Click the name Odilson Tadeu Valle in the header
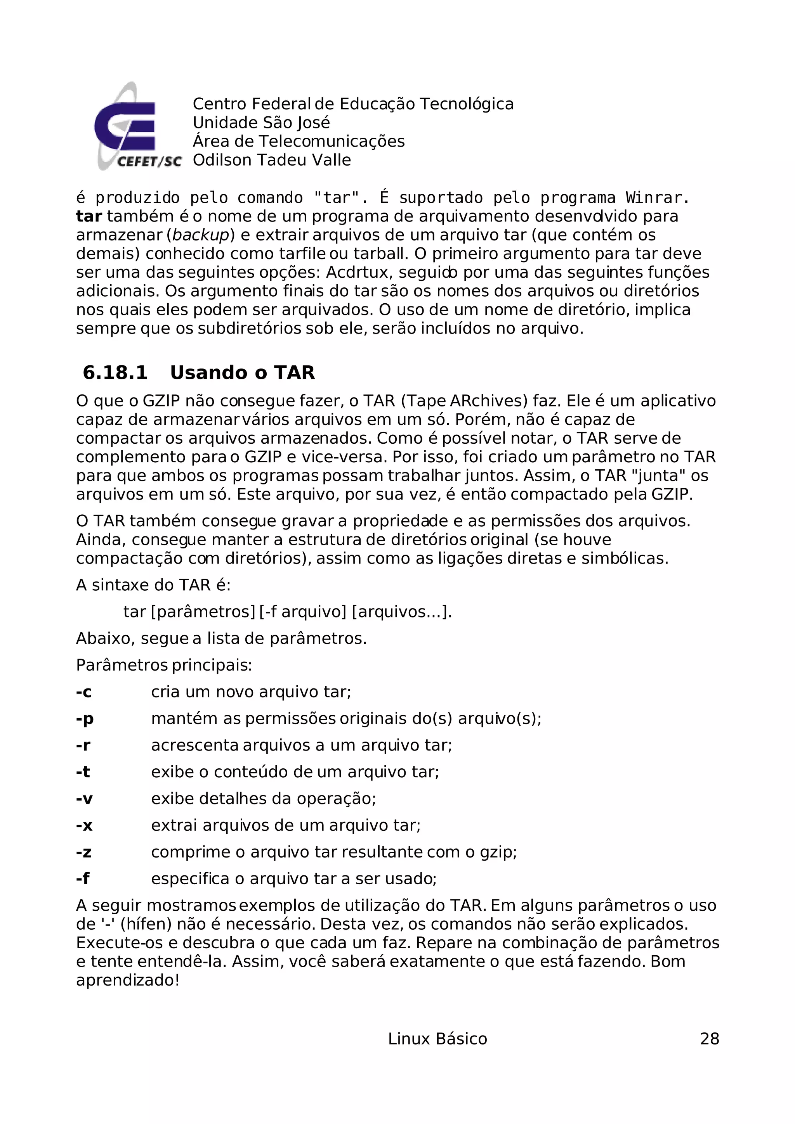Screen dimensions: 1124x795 coord(271,160)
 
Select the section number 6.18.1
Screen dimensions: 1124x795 coord(115,373)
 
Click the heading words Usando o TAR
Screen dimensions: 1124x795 coord(242,373)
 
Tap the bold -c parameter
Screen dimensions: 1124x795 coord(84,692)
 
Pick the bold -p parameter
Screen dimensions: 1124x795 coord(84,719)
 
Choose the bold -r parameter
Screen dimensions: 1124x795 coord(83,745)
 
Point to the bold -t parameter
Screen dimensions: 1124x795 coord(83,772)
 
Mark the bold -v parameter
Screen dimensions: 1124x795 coord(84,799)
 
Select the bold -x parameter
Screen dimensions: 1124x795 coord(84,825)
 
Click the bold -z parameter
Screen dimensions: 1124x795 coord(84,852)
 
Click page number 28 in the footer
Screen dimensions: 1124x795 coord(709,1039)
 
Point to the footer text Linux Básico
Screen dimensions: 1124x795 coord(437,1039)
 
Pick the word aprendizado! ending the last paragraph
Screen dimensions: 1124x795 coord(128,980)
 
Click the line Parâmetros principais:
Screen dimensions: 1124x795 coord(164,665)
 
